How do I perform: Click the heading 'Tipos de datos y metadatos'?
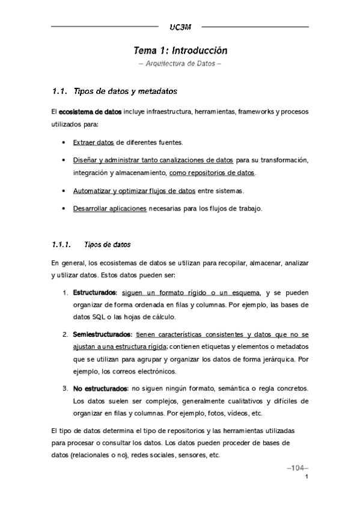point(124,92)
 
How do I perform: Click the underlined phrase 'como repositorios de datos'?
point(213,173)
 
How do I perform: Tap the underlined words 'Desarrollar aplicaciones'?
point(109,209)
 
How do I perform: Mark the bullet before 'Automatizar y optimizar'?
point(64,191)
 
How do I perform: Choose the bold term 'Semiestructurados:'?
point(102,333)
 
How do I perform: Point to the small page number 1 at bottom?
point(307,478)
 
